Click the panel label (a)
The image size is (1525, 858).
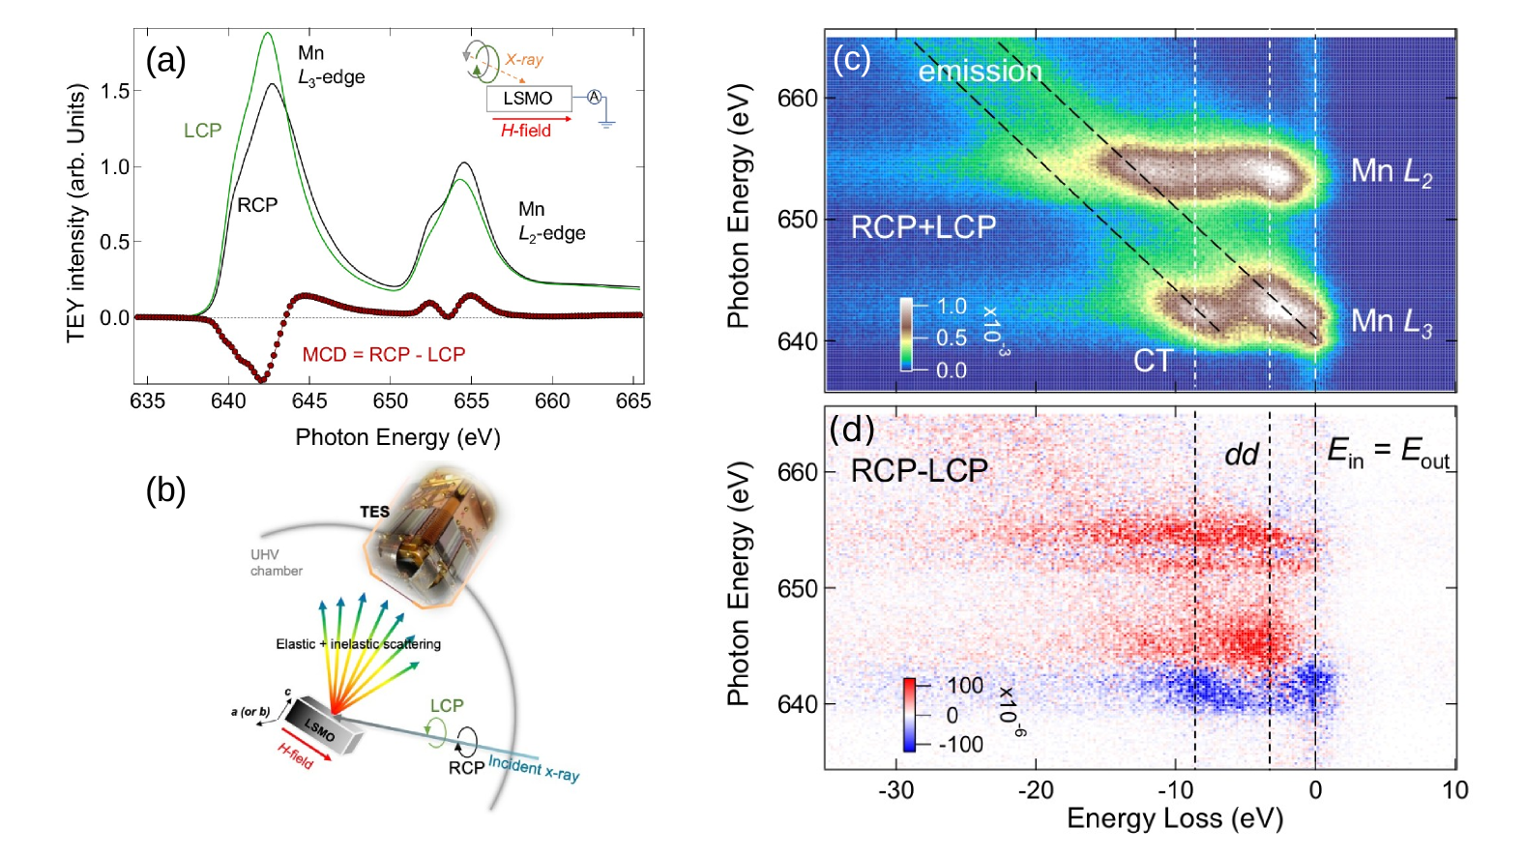165,61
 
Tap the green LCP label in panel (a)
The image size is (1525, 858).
203,131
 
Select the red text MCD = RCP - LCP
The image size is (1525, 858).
384,355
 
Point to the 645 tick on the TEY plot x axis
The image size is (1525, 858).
309,400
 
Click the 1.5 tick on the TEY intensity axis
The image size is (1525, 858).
114,92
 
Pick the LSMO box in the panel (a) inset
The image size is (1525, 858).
528,99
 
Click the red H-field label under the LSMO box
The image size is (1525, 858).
526,131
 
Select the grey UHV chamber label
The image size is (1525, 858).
276,563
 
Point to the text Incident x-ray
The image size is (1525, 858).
534,768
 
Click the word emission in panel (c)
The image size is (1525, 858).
980,72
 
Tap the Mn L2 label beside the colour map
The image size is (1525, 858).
1391,171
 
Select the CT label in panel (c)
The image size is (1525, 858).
1153,361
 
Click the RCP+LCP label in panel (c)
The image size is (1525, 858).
924,227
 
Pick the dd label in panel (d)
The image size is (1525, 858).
1242,454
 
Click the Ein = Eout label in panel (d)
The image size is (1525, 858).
1389,452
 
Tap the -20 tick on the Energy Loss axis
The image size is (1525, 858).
1036,790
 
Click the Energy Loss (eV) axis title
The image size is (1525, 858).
1174,819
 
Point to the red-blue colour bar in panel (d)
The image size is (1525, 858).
909,715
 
